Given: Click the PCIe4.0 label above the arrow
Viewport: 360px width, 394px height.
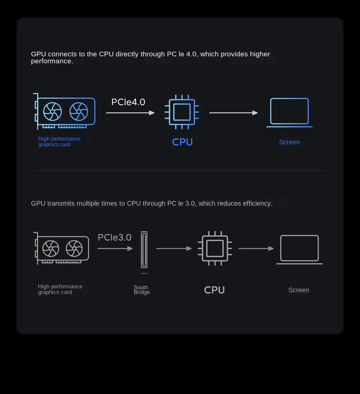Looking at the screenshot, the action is (128, 102).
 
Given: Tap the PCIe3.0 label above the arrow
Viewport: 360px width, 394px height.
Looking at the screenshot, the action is (115, 237).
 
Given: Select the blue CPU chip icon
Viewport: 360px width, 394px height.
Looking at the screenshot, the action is (182, 112).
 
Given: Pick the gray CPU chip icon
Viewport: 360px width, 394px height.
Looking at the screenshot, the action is (215, 248).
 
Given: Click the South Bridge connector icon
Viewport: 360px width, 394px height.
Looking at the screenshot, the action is (144, 250).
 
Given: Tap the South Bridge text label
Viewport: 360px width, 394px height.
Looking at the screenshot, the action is (141, 290).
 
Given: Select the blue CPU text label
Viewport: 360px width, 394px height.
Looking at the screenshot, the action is (182, 142).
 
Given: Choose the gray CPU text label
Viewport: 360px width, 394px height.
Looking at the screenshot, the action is (214, 290).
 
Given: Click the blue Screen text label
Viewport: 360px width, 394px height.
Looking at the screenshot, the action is (289, 142).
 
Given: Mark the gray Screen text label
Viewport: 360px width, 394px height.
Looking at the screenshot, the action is (299, 290).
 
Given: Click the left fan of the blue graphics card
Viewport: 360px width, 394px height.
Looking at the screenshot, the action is (53, 111).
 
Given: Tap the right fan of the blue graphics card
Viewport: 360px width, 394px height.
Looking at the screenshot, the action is (79, 111).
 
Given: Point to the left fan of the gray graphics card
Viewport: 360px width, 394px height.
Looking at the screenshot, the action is (51, 249).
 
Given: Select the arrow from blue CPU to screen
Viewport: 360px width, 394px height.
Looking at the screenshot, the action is (234, 113).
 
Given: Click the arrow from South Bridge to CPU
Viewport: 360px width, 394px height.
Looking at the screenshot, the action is (174, 249).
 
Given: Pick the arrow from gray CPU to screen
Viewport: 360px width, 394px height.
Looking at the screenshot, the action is (256, 249).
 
